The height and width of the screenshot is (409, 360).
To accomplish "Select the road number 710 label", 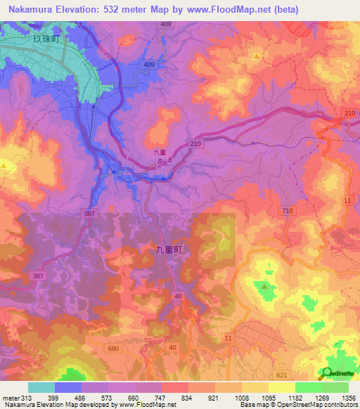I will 286,211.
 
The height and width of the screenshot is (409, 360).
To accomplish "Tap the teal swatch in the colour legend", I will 41,387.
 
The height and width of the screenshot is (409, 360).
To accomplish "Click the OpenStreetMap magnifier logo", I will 328,372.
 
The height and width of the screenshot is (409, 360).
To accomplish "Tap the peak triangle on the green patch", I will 265,286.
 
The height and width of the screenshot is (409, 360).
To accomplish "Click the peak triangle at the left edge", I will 6,166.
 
